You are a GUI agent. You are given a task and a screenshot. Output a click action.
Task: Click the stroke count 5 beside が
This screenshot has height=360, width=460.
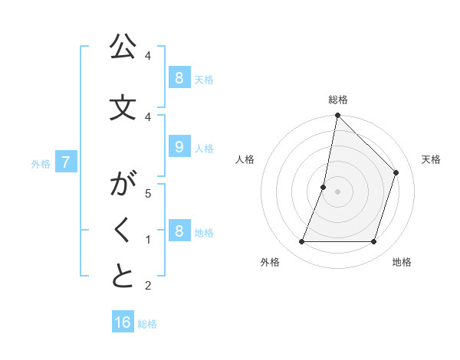coord(148,193)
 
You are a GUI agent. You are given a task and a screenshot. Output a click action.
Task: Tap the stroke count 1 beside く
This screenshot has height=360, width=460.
coord(148,240)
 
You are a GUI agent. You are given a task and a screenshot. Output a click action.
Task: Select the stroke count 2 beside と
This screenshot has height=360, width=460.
coord(148,286)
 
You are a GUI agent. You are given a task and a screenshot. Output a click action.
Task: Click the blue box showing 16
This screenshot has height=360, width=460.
coord(123,322)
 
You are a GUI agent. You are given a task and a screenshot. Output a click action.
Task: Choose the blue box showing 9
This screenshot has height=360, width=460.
coord(179,148)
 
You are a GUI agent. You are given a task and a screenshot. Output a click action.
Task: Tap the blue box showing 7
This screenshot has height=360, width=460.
coord(66,162)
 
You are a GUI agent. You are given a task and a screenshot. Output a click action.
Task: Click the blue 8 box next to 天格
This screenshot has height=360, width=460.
coord(179,77)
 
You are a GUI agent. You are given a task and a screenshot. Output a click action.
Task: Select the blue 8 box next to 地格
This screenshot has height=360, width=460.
coord(179,231)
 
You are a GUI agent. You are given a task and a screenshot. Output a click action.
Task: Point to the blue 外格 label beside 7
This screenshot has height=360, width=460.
coord(41,163)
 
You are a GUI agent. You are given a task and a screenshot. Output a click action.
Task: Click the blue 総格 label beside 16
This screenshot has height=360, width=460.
coord(147,324)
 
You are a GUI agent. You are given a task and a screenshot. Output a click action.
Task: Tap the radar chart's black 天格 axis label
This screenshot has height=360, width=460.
coord(431,159)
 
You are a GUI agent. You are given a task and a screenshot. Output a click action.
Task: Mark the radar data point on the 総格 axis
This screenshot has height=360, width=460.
coord(337,116)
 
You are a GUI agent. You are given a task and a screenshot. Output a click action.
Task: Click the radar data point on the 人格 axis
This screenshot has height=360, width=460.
coord(324,187)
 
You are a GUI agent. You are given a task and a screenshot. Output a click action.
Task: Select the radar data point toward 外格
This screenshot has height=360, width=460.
coord(301,242)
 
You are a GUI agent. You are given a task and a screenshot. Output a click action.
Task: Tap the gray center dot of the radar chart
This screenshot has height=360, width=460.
coord(337,191)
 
